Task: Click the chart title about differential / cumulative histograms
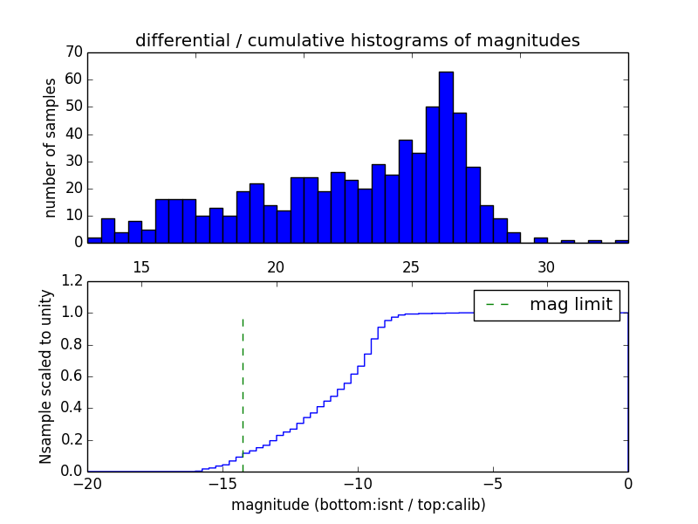[357, 40]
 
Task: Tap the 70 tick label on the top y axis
[73, 52]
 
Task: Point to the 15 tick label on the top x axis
[141, 267]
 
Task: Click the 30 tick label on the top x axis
[546, 267]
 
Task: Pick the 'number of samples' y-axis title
[51, 147]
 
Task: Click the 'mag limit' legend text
[571, 305]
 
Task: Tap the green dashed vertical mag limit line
[243, 393]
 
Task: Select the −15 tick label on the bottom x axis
[222, 485]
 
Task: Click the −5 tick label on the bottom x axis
[493, 485]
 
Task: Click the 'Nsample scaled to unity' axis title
[45, 376]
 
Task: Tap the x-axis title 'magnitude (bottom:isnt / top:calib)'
[358, 505]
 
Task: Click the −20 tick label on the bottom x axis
[87, 485]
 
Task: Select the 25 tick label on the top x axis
[412, 267]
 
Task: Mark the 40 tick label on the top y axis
[73, 134]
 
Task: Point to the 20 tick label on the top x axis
[277, 267]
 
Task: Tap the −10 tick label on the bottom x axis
[358, 485]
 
